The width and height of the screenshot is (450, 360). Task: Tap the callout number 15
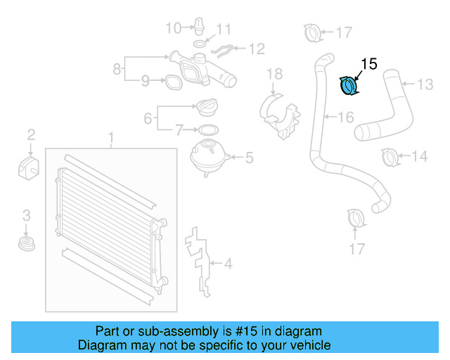click(x=368, y=64)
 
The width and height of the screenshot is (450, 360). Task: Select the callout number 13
click(x=425, y=84)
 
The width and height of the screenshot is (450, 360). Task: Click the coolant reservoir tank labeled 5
click(x=207, y=155)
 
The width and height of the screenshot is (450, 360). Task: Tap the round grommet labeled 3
click(x=27, y=245)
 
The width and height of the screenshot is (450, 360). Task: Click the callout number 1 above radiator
click(x=110, y=136)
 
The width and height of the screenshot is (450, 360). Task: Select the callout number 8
click(x=117, y=69)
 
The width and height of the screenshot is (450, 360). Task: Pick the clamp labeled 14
click(x=390, y=156)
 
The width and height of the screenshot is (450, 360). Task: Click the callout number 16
click(x=345, y=117)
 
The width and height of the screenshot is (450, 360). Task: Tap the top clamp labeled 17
click(x=311, y=32)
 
